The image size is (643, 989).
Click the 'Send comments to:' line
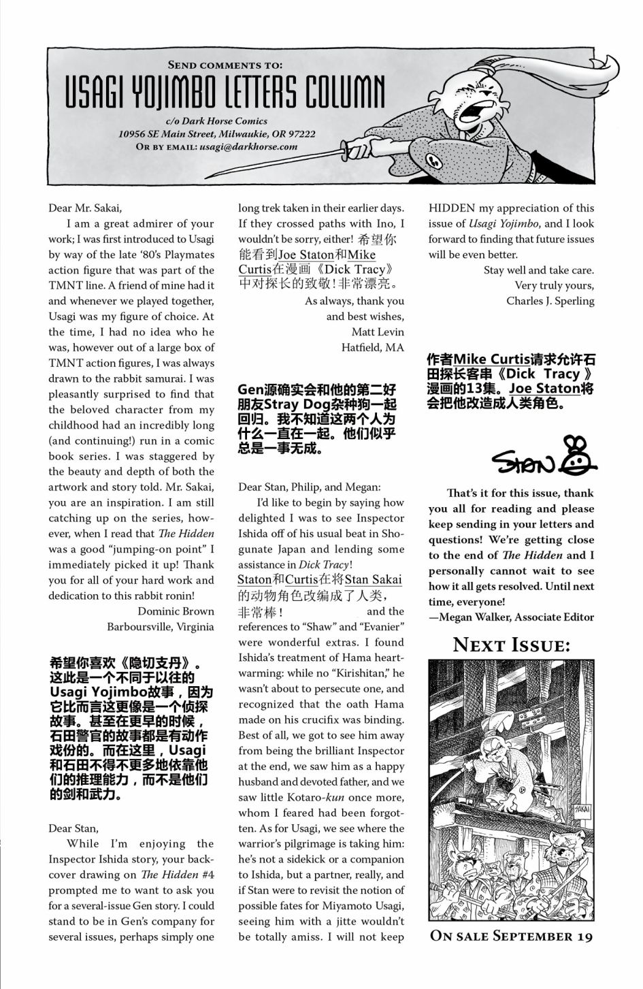225,65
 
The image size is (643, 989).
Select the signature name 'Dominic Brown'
176,611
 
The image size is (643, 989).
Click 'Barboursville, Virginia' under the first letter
160,627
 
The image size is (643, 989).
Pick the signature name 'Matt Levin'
378,332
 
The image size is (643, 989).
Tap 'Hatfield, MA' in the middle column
372,348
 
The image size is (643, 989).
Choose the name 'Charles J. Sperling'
550,301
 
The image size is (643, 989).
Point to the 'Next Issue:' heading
511,645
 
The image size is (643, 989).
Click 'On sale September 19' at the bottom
511,936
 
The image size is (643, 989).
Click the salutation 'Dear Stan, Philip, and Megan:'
310,487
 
